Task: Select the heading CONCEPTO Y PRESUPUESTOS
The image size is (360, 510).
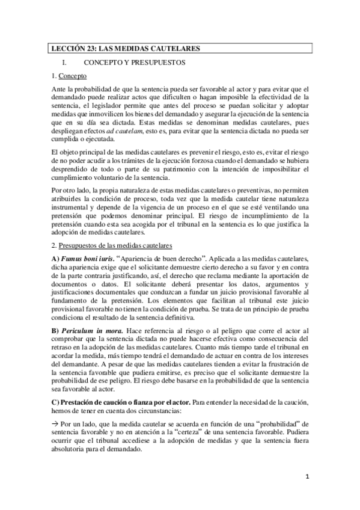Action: [x=134, y=62]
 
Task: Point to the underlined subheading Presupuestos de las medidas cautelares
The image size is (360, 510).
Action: [x=115, y=245]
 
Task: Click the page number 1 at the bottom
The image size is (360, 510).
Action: [x=306, y=477]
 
